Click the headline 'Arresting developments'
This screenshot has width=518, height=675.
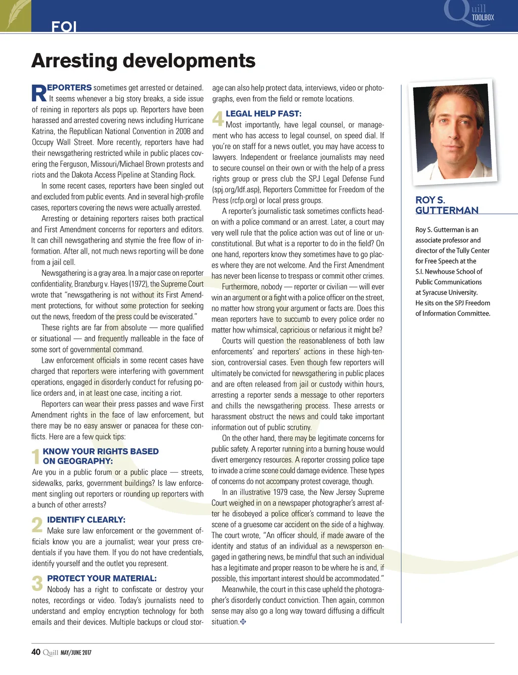pos(143,61)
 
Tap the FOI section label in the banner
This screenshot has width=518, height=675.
pos(64,27)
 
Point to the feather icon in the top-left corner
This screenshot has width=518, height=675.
pos(16,15)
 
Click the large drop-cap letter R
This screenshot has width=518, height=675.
pos(39,94)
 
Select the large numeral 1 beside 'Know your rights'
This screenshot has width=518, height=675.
pos(35,456)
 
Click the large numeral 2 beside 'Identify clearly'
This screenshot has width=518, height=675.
pos(37,525)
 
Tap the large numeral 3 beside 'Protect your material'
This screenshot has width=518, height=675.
pos(37,583)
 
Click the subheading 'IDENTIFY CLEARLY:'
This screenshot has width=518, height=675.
pos(86,520)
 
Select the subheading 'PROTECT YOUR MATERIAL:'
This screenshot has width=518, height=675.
pos(102,578)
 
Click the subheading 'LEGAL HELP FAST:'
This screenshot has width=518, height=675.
pos(263,114)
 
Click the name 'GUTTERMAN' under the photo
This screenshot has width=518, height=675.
pos(447,210)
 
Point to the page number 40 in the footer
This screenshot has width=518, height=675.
pos(35,652)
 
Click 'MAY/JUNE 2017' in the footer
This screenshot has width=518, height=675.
pos(76,653)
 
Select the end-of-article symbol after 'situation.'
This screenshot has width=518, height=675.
pos(243,622)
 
